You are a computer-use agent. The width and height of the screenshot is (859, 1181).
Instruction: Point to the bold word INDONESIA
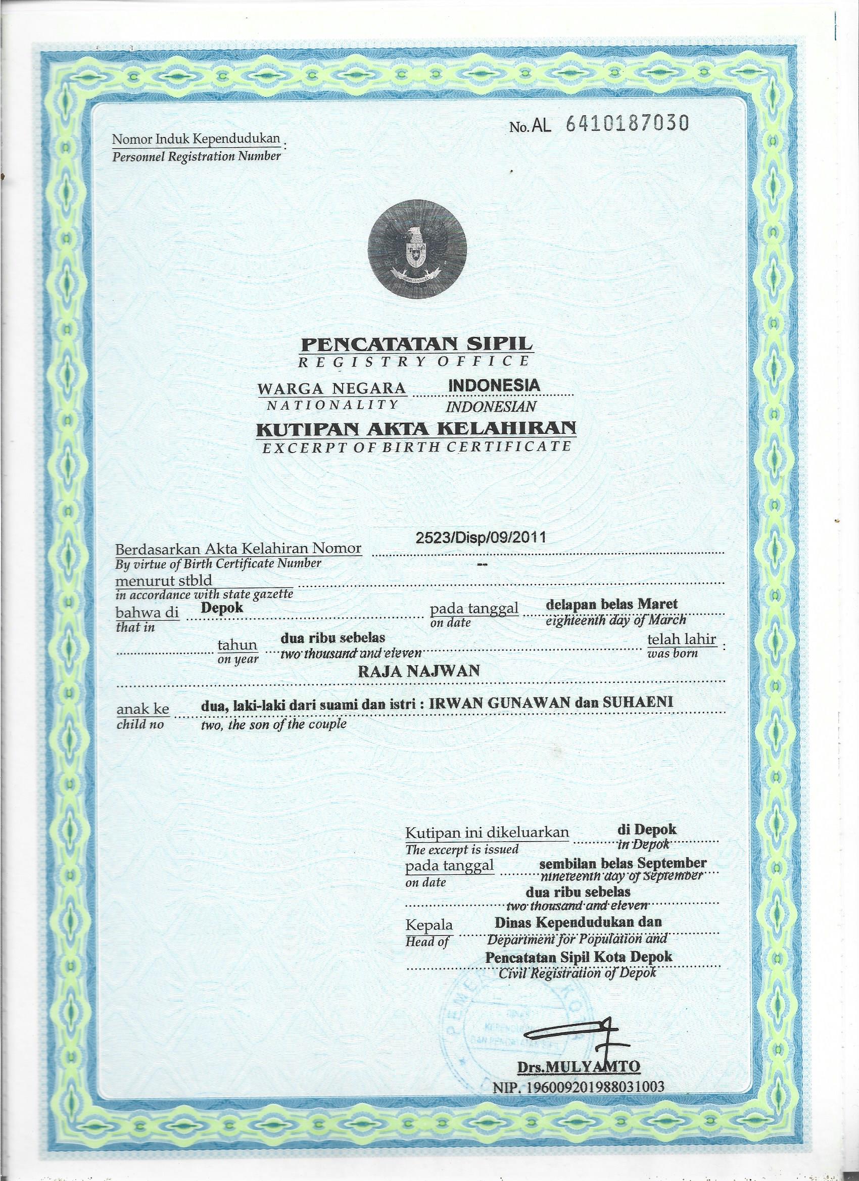(x=494, y=386)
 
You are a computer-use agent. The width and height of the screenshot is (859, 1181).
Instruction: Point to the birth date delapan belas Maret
(x=611, y=605)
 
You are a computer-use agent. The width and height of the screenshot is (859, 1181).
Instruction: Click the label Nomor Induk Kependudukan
(x=197, y=139)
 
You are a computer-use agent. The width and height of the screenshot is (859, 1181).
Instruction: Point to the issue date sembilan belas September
(x=623, y=863)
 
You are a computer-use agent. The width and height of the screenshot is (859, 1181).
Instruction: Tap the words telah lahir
(x=681, y=639)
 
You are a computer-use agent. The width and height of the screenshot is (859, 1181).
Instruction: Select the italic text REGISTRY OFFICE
(x=410, y=360)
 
